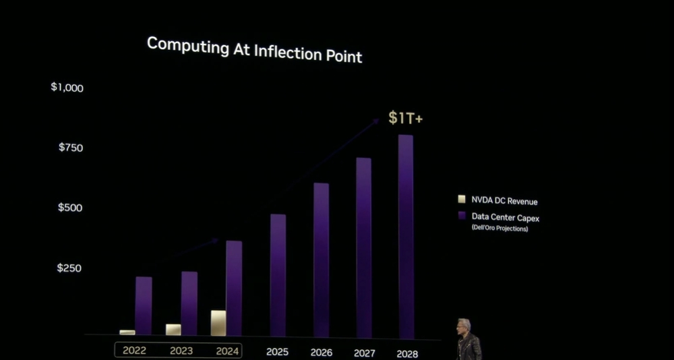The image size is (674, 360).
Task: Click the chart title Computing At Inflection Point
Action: (254, 49)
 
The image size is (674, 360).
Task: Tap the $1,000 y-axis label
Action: (67, 88)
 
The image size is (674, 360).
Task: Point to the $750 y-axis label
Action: (70, 148)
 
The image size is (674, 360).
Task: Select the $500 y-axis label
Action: (70, 207)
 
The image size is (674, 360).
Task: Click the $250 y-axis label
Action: (70, 268)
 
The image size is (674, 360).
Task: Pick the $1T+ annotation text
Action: (406, 119)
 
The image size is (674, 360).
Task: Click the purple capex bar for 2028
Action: (405, 236)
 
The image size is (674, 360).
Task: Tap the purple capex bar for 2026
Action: (321, 260)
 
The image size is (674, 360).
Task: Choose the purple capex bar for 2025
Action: (278, 275)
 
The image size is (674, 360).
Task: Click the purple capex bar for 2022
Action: (144, 305)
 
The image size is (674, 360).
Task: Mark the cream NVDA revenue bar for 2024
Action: (218, 323)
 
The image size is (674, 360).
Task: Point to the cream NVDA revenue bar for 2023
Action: (173, 329)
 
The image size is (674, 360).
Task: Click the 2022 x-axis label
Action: (134, 351)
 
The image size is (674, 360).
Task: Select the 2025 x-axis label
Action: (277, 351)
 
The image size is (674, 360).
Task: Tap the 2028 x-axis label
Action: (407, 353)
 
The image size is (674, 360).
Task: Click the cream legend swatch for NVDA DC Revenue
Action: (462, 200)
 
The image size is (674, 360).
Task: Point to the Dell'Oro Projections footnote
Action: (499, 229)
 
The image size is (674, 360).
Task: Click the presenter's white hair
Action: (464, 324)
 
